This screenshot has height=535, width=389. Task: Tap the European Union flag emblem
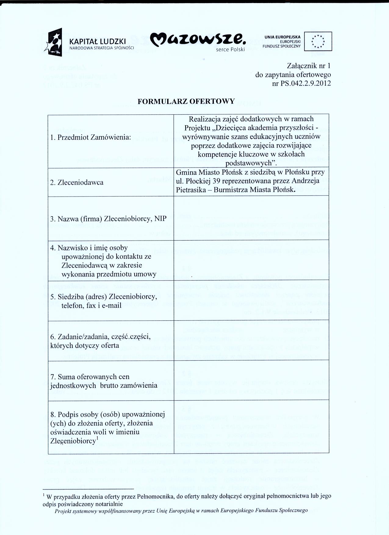[x=319, y=41]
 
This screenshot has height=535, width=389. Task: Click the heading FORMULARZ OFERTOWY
[x=186, y=102]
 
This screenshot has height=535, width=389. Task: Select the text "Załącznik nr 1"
[x=309, y=66]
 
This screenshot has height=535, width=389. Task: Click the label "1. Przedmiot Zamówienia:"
[x=90, y=137]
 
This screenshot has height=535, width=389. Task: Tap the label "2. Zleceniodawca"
[x=77, y=183]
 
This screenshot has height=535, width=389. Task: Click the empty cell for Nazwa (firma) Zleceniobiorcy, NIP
[x=251, y=218]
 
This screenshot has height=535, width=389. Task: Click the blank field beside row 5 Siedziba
[x=251, y=301]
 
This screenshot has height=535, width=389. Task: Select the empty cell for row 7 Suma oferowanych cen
[x=251, y=380]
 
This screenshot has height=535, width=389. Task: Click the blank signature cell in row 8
[x=251, y=427]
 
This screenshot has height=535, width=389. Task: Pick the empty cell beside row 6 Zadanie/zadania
[x=251, y=341]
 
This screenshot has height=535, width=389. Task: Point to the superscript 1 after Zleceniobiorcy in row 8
[x=97, y=439]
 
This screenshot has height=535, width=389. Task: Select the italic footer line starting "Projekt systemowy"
[x=181, y=510]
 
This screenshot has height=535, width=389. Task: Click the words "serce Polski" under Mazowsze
[x=231, y=49]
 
